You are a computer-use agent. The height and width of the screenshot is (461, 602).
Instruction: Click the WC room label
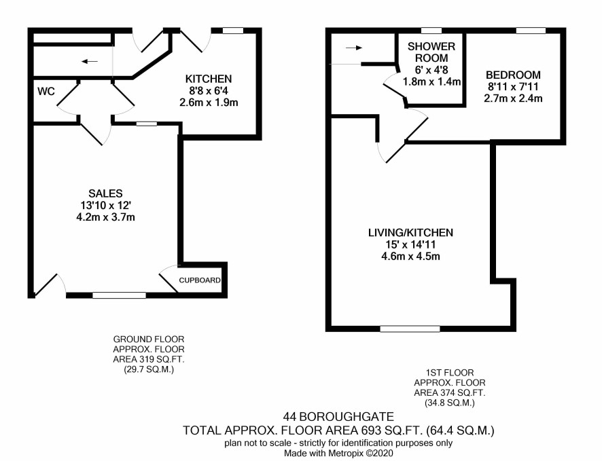(46, 91)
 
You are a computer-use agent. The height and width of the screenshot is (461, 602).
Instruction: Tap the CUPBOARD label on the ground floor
(200, 280)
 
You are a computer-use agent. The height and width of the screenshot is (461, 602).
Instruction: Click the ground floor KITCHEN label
(209, 79)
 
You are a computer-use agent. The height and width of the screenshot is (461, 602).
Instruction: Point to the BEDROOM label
(513, 75)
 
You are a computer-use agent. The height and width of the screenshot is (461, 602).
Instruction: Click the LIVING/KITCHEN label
(410, 233)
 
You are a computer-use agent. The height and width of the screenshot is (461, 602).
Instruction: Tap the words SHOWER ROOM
(431, 52)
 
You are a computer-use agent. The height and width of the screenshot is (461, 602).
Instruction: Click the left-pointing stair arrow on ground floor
(90, 61)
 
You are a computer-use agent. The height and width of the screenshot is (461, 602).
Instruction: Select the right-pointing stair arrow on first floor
(354, 48)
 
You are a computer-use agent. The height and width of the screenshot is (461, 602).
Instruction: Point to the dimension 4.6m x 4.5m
(410, 256)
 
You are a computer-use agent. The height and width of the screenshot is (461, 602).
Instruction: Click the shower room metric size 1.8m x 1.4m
(431, 81)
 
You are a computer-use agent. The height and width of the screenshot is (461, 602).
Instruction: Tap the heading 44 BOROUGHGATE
(338, 416)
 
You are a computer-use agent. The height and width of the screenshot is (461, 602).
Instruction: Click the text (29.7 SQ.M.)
(149, 370)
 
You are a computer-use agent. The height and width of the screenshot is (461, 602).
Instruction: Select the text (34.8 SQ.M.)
(450, 403)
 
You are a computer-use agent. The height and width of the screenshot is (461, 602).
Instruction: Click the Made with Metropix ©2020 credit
(338, 453)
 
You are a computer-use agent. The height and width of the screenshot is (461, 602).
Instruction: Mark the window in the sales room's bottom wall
(120, 295)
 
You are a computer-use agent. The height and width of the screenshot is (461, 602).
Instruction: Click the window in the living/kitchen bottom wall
(410, 329)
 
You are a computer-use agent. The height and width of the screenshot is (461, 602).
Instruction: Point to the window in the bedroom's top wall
(531, 31)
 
